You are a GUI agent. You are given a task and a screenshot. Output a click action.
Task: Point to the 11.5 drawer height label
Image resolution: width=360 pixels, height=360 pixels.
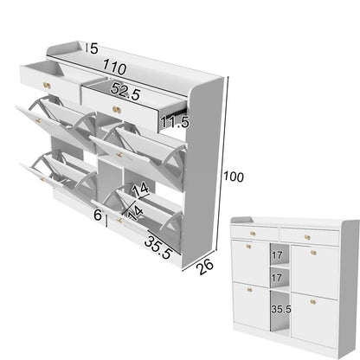[x=173, y=121]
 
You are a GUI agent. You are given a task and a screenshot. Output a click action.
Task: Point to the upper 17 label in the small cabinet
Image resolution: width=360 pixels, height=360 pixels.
[x=278, y=257]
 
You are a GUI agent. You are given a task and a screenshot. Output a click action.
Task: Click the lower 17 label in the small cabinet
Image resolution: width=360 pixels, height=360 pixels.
[x=278, y=279]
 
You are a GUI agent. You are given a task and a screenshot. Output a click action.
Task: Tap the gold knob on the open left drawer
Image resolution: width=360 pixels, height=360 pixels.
[x=44, y=84]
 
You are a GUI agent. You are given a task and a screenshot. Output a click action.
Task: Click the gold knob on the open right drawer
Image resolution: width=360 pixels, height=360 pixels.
[x=113, y=109]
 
